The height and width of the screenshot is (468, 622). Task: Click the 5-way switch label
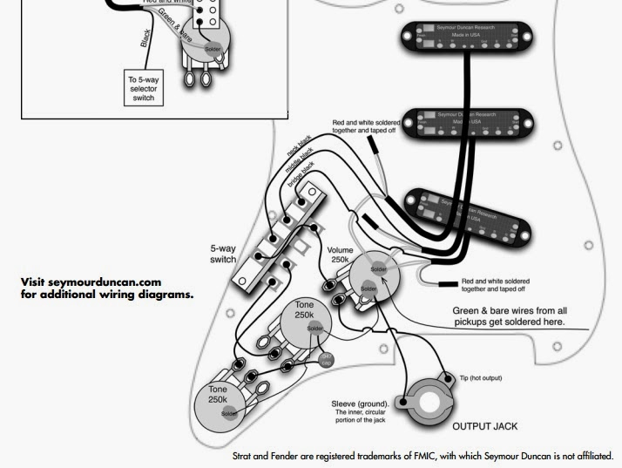(223, 254)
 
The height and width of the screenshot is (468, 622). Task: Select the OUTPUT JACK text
(484, 427)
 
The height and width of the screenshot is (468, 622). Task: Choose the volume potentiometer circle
(380, 273)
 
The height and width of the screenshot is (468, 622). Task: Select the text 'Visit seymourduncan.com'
(91, 282)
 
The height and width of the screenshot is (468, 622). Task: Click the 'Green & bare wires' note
(510, 315)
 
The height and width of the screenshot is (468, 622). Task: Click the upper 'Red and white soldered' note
(364, 126)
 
